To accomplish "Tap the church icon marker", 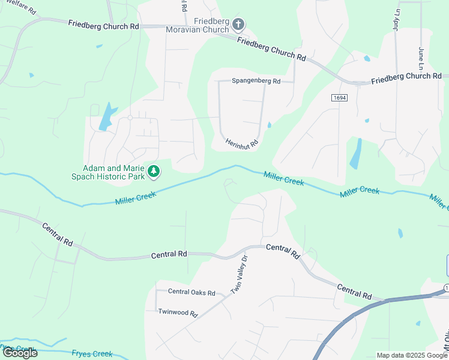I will pos(238,25).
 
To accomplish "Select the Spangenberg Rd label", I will pos(256,81).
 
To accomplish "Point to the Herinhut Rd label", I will pos(241,143).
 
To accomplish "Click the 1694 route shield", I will pos(339,97).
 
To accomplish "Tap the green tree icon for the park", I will pos(154,172).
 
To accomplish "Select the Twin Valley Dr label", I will pos(240,275).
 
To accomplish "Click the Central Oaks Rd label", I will pos(191,293).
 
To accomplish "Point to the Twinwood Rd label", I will pos(178,313).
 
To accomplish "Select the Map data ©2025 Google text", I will pos(412,355).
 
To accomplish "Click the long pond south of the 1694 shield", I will pos(356,154).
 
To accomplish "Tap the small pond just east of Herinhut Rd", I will pos(270,125).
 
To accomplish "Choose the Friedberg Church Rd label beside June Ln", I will pos(406,78).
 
